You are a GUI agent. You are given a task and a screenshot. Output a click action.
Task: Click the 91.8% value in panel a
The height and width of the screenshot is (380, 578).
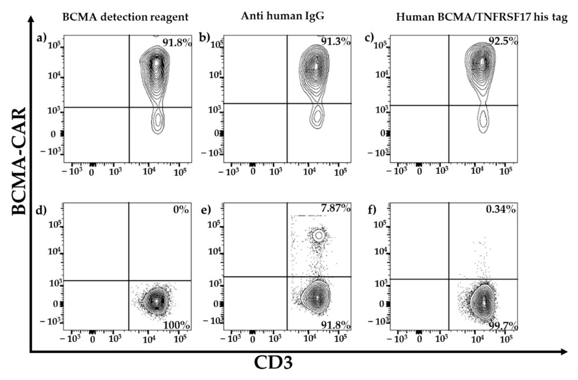click(x=176, y=42)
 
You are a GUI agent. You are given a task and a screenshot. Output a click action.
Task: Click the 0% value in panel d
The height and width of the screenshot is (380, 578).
click(x=181, y=210)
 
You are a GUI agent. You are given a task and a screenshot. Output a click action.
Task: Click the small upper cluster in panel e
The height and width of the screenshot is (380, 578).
click(x=317, y=235)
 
